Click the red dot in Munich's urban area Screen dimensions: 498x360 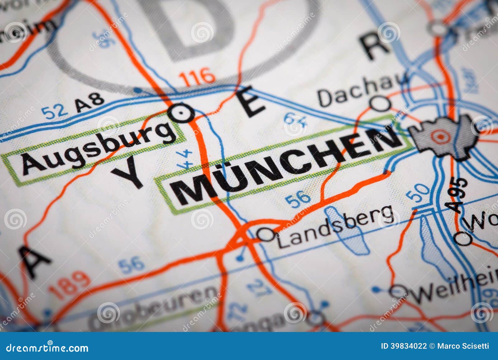point(439,136)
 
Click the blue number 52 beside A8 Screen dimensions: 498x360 point(55,112)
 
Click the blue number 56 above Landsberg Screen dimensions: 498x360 point(298,199)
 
